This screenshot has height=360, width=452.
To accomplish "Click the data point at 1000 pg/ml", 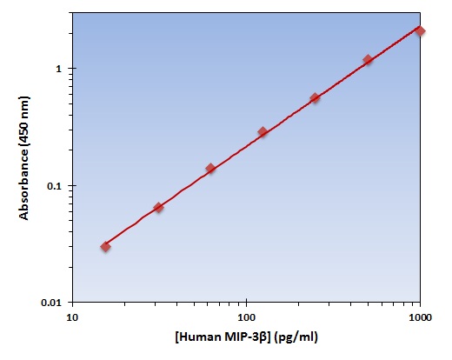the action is (420, 31).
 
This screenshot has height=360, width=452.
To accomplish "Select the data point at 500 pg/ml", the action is (368, 60).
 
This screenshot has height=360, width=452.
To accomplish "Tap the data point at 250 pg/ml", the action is (316, 98).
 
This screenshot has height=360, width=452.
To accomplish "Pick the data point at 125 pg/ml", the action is (263, 132).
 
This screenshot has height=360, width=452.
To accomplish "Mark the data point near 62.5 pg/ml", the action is (210, 168).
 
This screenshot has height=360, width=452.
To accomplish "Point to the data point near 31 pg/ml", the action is (158, 207).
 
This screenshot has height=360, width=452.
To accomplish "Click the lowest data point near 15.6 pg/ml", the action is (106, 247).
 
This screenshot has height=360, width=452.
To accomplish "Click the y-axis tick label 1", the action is (59, 69).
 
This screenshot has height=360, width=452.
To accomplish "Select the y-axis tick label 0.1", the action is (55, 186).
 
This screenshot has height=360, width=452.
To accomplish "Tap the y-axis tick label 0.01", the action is (52, 303).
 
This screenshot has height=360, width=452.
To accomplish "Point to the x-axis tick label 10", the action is (72, 317).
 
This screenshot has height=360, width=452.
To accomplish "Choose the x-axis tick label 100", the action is (246, 317).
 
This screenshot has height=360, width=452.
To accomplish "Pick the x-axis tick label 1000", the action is (420, 317).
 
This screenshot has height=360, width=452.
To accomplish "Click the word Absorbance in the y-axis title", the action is (23, 184).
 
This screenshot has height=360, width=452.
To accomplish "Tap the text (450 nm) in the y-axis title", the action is (23, 121).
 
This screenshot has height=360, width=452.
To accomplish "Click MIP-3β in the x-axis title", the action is (245, 337).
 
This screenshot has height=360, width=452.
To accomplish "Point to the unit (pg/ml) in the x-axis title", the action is (296, 337).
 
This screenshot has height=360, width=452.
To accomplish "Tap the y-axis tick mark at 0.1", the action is (70, 185).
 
